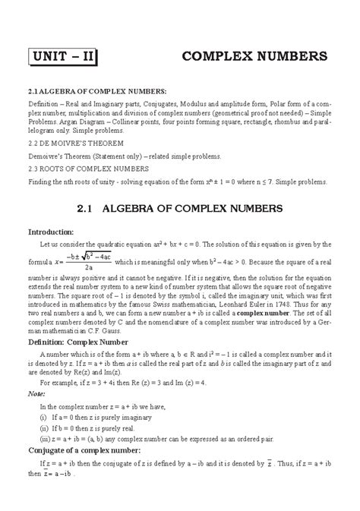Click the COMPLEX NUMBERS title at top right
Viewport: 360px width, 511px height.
254,57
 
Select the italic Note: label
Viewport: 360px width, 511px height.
36,395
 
